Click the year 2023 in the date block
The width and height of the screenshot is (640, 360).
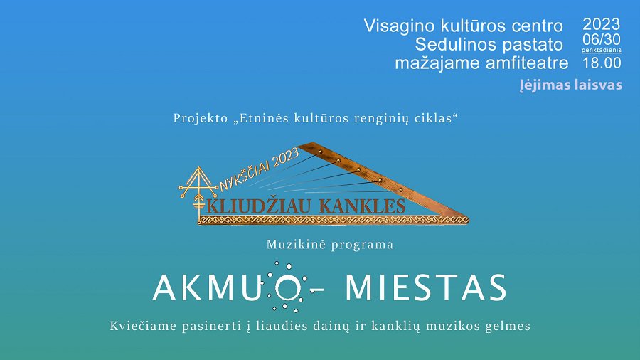[x=602, y=25]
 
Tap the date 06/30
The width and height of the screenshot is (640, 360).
[x=602, y=40]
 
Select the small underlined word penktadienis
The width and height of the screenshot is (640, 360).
[x=602, y=51]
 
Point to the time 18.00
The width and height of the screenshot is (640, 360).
[x=602, y=63]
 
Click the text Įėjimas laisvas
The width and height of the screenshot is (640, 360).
[x=570, y=85]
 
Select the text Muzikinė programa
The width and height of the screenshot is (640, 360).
[x=329, y=244]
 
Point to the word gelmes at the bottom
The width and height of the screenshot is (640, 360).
[x=508, y=327]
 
